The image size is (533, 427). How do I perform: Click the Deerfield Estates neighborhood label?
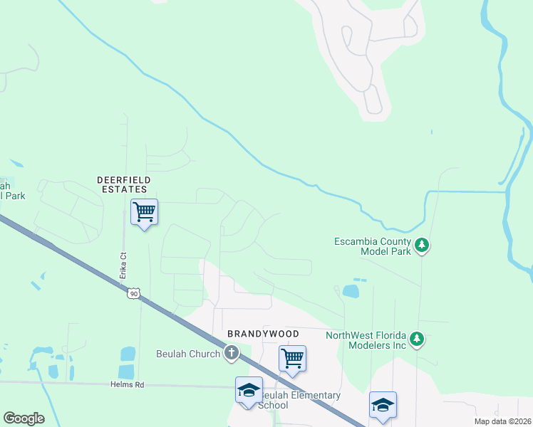pyautogui.click(x=122, y=184)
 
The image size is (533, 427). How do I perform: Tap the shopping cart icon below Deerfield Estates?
pyautogui.click(x=144, y=212)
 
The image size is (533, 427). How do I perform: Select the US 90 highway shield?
pyautogui.click(x=133, y=293)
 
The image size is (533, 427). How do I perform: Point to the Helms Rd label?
pyautogui.click(x=127, y=384)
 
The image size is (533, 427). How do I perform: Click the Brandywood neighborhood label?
pyautogui.click(x=263, y=333)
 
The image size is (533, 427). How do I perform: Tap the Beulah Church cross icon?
pyautogui.click(x=231, y=352)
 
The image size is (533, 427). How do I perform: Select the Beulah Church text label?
pyautogui.click(x=187, y=354)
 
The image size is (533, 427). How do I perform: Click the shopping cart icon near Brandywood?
pyautogui.click(x=292, y=359)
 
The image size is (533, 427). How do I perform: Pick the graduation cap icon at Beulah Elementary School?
pyautogui.click(x=249, y=390)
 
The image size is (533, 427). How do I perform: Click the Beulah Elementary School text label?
pyautogui.click(x=299, y=400)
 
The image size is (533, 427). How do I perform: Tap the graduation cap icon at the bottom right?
pyautogui.click(x=383, y=405)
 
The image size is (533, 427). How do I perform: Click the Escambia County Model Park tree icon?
pyautogui.click(x=423, y=246)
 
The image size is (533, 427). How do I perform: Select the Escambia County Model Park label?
pyautogui.click(x=373, y=246)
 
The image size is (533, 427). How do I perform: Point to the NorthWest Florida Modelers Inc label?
pyautogui.click(x=366, y=339)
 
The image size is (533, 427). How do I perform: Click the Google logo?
pyautogui.click(x=24, y=418)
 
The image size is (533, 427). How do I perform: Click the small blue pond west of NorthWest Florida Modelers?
pyautogui.click(x=351, y=291)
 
